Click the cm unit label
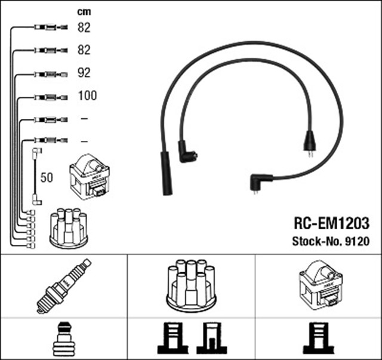point(84,11)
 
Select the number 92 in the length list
point(84,73)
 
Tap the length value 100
point(87,96)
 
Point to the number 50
point(47,177)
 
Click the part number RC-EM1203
point(331,223)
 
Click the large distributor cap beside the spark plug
point(191,285)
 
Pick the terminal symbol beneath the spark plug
point(64,339)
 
